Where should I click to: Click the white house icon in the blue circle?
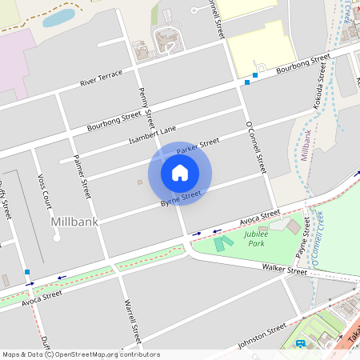(180, 173)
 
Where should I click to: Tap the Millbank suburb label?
(74, 221)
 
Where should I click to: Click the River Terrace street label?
(102, 78)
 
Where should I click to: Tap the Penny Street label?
(146, 108)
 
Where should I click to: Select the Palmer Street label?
(81, 177)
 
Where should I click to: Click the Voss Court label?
(44, 189)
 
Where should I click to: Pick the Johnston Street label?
(261, 336)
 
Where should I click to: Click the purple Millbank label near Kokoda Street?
(307, 144)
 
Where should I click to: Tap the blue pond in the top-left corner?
(58, 18)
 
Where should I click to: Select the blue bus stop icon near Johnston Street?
(301, 344)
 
